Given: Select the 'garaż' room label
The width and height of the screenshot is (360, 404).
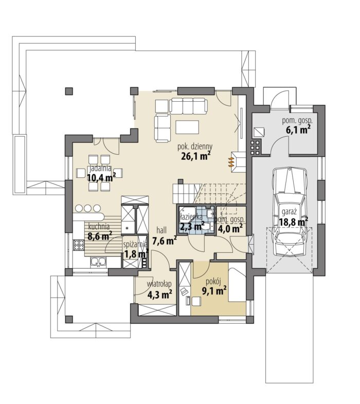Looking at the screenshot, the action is (290, 212).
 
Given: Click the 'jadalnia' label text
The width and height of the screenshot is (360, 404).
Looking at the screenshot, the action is (100, 169).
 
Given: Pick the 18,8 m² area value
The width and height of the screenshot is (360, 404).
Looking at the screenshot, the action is (294, 222).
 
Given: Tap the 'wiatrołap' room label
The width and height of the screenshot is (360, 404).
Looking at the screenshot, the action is (159, 284).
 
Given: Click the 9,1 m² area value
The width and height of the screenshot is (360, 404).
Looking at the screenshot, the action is (214, 291).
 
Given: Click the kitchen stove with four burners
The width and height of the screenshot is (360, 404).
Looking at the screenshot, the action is (79, 245).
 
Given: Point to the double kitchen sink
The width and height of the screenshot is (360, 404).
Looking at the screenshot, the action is (98, 262).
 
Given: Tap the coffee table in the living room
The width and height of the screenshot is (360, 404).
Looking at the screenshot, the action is (187, 127).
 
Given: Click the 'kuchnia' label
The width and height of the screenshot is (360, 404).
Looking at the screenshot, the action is (99, 227).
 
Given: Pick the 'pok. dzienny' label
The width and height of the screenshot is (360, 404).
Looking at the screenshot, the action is (195, 146).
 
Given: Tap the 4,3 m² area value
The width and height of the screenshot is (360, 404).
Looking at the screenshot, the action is (159, 293).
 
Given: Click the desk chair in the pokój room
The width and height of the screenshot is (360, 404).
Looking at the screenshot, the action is (184, 292).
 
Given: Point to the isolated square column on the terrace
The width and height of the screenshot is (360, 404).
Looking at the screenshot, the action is (69, 91).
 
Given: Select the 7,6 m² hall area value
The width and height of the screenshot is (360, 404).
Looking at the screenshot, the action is (164, 241).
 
